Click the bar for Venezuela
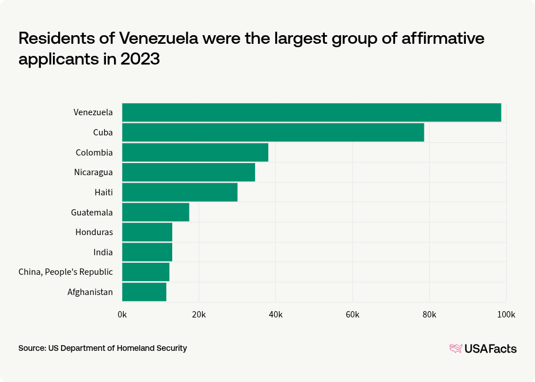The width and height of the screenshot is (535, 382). coord(312,112)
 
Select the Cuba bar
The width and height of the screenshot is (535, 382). coord(273,133)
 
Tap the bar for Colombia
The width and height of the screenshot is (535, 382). coord(195,152)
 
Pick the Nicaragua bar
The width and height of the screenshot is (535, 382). coord(188,172)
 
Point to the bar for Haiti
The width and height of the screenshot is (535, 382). coord(180,192)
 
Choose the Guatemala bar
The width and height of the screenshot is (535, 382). coord(155,212)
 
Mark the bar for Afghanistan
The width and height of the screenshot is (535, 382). coord(144,292)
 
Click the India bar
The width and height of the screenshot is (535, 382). coord(147,252)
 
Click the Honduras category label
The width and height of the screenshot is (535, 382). coord(94,232)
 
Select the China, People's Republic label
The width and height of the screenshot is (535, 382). coord(66,272)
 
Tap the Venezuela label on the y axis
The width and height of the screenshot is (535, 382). coord(93,112)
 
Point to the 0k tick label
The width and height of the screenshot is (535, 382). coord(122,314)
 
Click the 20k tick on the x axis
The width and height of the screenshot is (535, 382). coord(199,314)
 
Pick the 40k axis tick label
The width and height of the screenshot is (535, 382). coord(276,314)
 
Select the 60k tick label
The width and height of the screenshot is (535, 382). coord(352,314)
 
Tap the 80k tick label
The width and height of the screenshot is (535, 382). coord(430,314)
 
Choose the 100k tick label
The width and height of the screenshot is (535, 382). coord(506,314)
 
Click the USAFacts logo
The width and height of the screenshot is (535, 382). coord(483,348)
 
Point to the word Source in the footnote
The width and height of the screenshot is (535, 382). coord(32,348)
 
